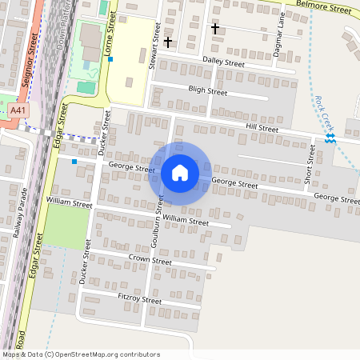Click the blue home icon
coord(180,173)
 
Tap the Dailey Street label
coord(223,62)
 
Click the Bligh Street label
coord(207,92)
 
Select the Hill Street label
coord(262,128)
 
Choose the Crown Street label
coord(150,260)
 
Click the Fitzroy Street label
coord(140,300)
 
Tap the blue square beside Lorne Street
coord(111,59)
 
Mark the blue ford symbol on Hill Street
coord(330,139)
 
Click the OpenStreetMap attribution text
coord(81,354)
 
